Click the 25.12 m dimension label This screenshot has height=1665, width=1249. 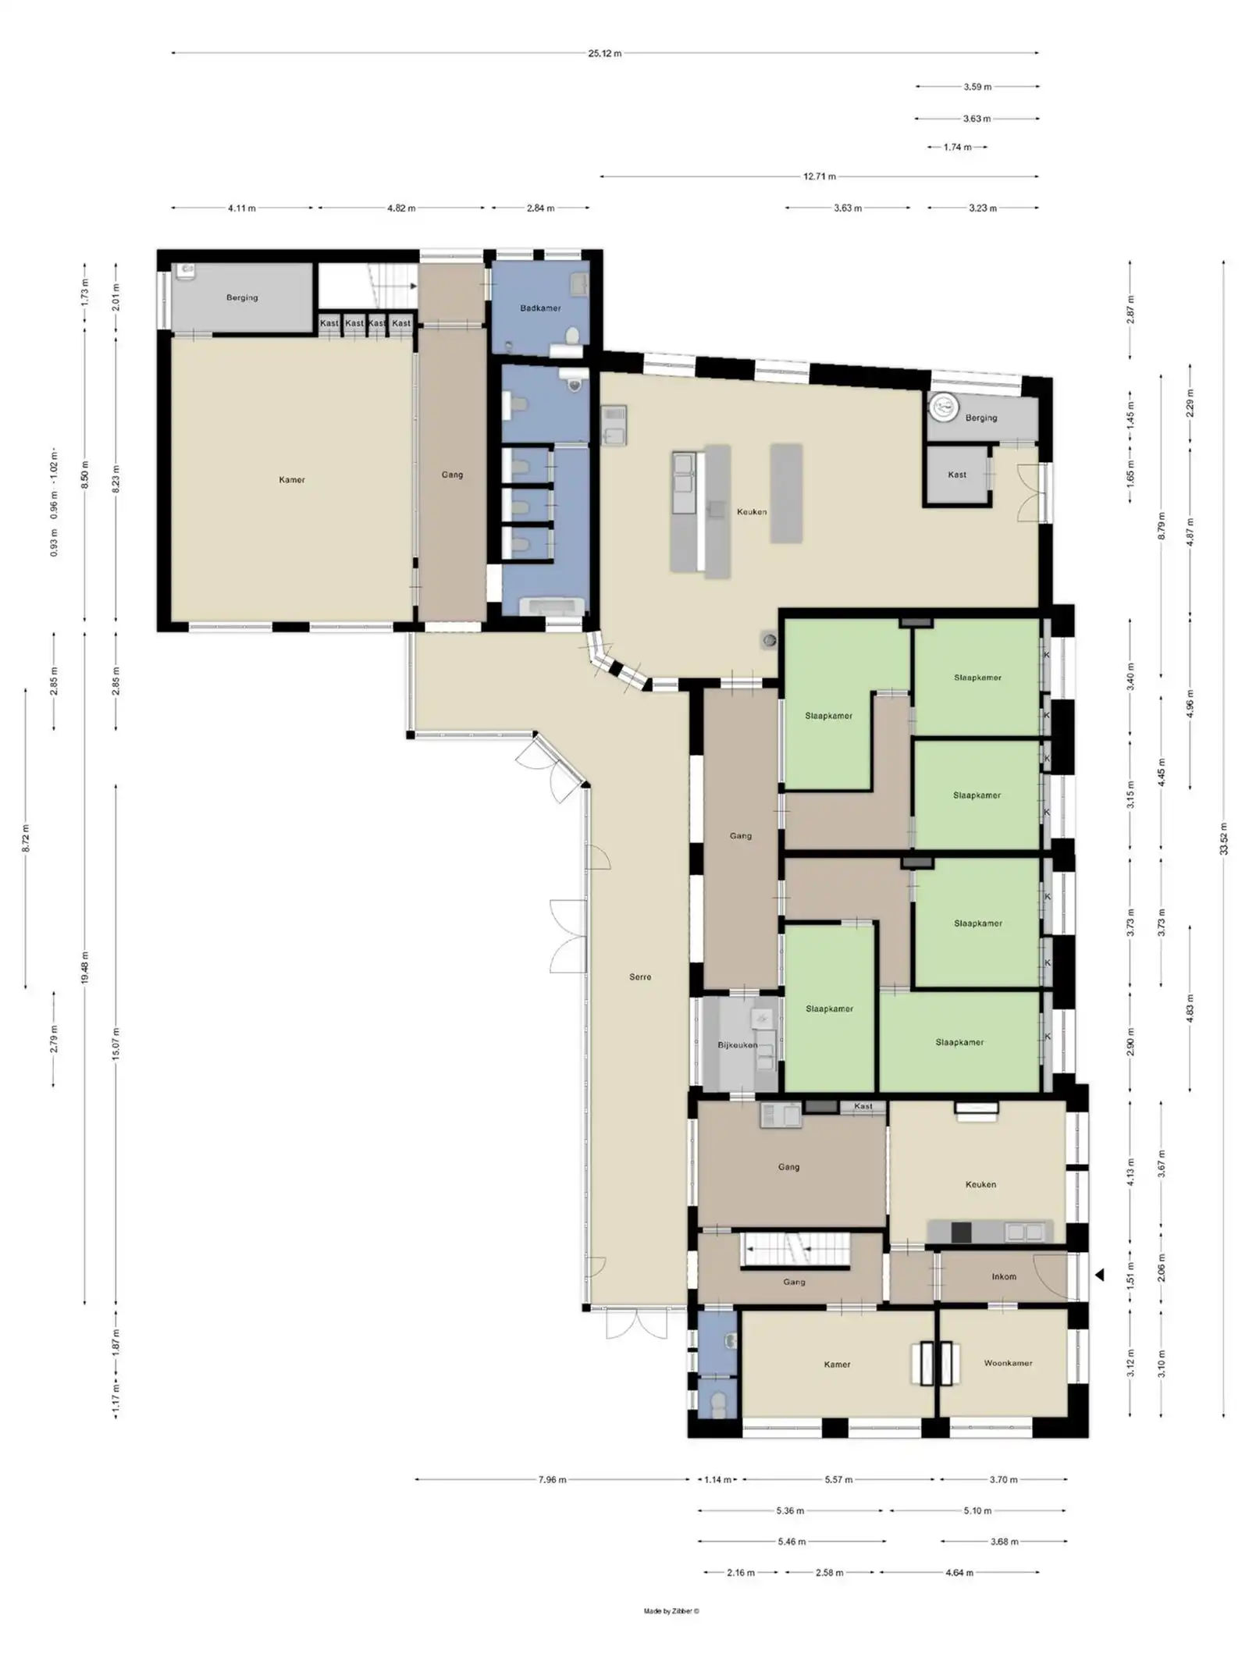pyautogui.click(x=605, y=54)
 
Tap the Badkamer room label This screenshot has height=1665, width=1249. pyautogui.click(x=540, y=308)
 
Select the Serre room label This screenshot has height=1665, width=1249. pyautogui.click(x=640, y=977)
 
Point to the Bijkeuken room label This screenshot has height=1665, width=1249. pyautogui.click(x=738, y=1044)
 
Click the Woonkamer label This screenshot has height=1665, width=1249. pyautogui.click(x=1008, y=1363)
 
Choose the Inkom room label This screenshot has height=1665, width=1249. pyautogui.click(x=1004, y=1276)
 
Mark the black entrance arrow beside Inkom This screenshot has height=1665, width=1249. pyautogui.click(x=1099, y=1275)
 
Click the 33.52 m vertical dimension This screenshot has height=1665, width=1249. pyautogui.click(x=1223, y=839)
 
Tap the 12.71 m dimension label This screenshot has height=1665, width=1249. pyautogui.click(x=820, y=176)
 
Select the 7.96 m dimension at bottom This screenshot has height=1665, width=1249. pyautogui.click(x=552, y=1479)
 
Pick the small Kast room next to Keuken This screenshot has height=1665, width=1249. pyautogui.click(x=957, y=475)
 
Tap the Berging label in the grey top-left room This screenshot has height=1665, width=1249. pyautogui.click(x=242, y=297)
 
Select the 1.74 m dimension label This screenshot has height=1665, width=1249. pyautogui.click(x=957, y=147)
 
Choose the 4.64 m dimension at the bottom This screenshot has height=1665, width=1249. pyautogui.click(x=959, y=1573)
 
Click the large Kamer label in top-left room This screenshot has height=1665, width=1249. pyautogui.click(x=292, y=480)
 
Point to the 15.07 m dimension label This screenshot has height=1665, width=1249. pyautogui.click(x=116, y=1044)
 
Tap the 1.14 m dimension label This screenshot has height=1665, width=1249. pyautogui.click(x=717, y=1479)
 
